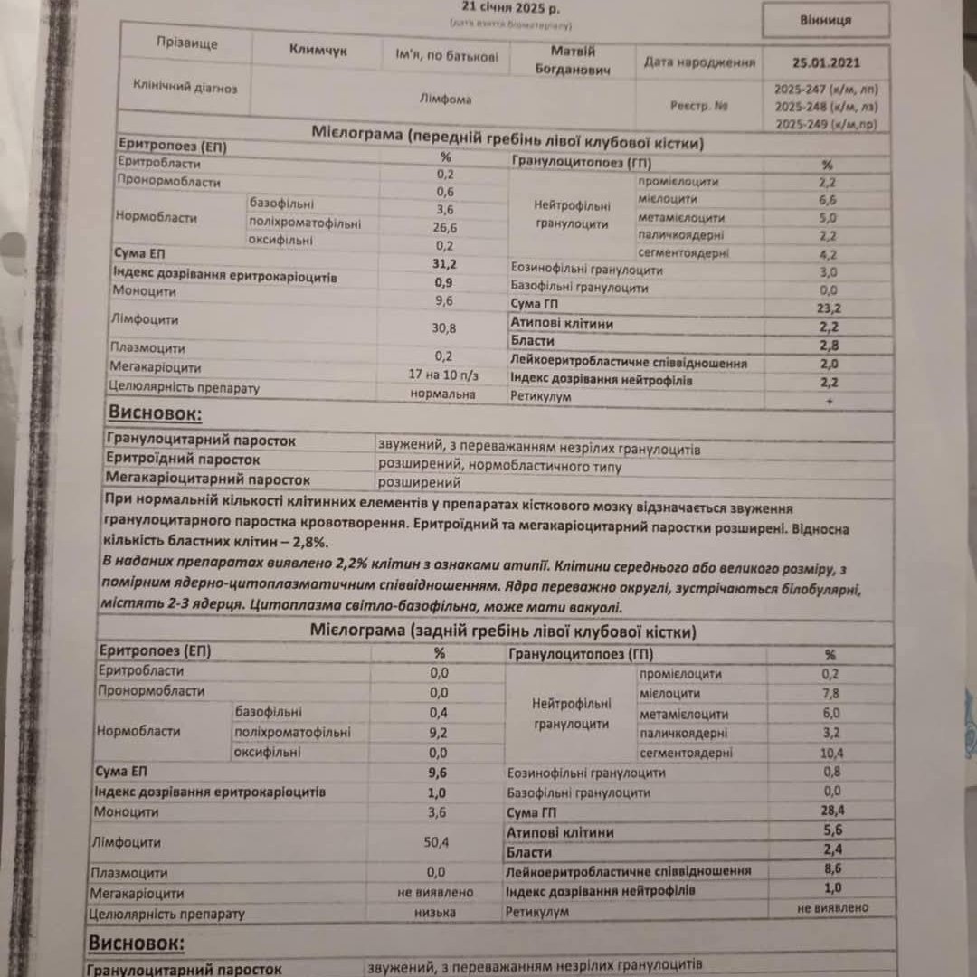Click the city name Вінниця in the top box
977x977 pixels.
pos(826,20)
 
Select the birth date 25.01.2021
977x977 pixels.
pos(826,63)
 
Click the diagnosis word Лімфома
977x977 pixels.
pos(446,100)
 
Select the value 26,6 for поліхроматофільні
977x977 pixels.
pos(444,227)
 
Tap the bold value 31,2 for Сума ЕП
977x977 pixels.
pos(444,263)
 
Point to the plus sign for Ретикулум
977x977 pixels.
pos(830,400)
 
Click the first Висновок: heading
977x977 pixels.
pos(156,415)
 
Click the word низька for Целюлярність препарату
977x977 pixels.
pos(435,913)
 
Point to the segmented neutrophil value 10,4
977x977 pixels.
pos(831,754)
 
